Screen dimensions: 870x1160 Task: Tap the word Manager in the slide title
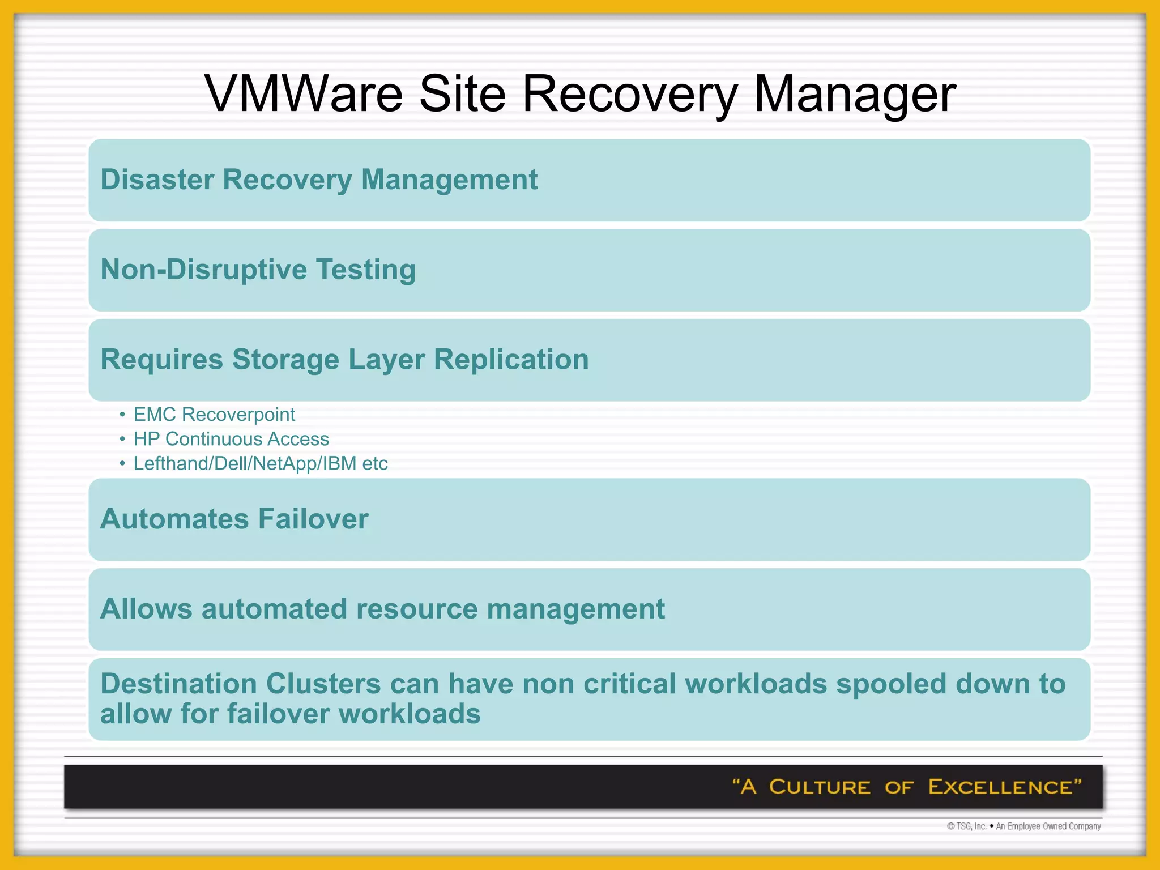tap(855, 93)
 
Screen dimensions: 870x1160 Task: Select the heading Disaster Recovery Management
tap(319, 180)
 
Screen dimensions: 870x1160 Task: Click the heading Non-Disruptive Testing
tap(258, 270)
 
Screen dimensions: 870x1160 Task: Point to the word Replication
tap(511, 360)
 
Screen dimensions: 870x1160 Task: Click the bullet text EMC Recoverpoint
tap(214, 415)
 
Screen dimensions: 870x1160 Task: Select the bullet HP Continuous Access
tap(231, 439)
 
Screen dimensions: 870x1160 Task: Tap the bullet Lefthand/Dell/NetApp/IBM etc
tap(261, 463)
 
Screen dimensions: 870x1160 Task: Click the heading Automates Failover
tap(234, 519)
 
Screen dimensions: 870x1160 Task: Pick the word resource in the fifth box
tap(416, 609)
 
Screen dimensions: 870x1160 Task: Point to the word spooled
tap(892, 684)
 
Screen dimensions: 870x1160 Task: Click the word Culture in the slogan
tap(819, 787)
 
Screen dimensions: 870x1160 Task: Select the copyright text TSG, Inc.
tap(971, 826)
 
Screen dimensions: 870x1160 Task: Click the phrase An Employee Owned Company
tap(1048, 826)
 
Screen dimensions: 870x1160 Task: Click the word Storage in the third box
tap(285, 360)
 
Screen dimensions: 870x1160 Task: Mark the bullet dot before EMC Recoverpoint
tap(122, 415)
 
